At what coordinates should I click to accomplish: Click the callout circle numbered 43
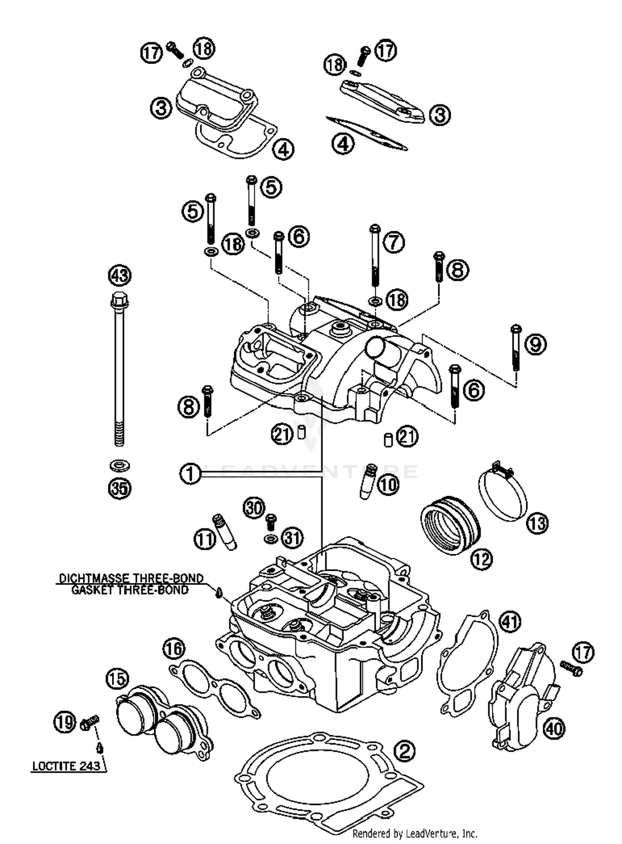coord(119,275)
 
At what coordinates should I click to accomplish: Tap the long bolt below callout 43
coord(119,374)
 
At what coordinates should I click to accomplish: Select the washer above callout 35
coord(119,465)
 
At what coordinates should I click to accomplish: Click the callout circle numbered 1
coord(190,473)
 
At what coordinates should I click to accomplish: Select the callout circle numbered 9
coord(535,344)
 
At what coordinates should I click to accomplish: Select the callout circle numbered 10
coord(388,484)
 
